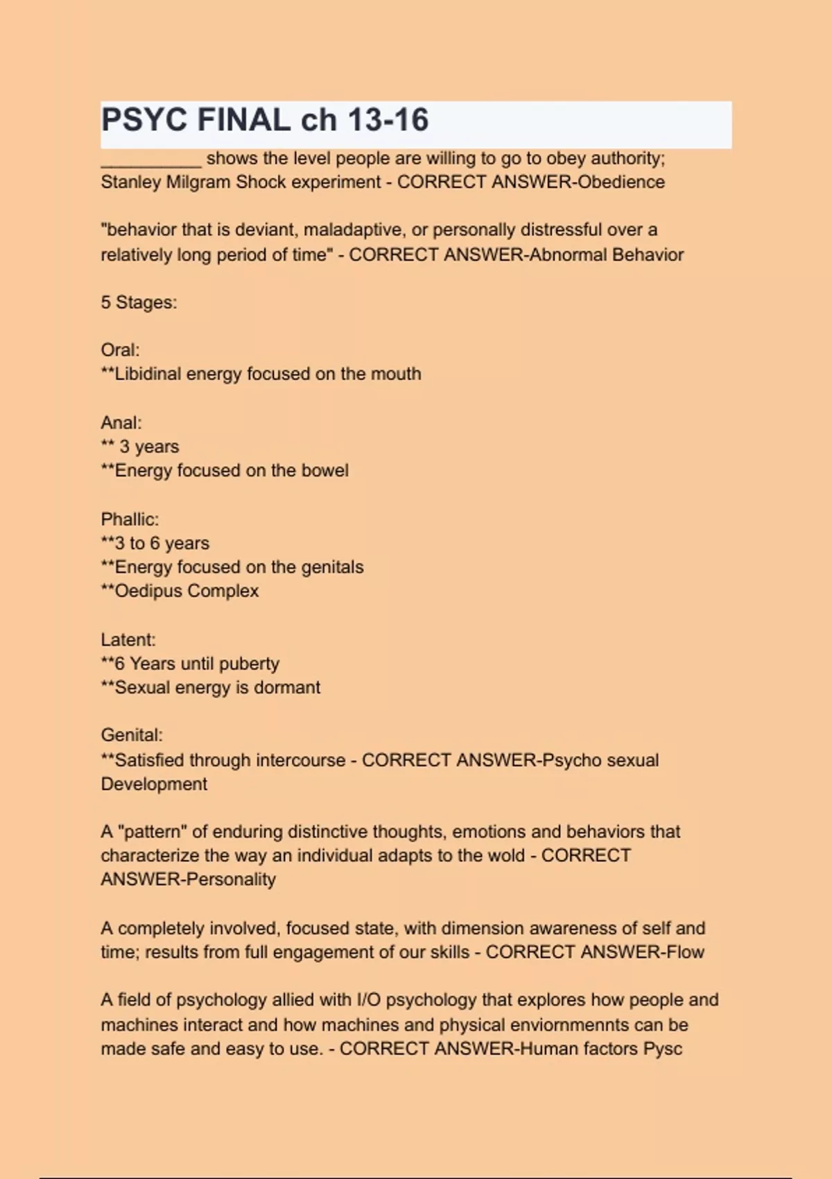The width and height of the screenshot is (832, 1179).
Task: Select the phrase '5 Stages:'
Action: [139, 302]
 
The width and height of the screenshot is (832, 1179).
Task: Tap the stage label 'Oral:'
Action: [120, 350]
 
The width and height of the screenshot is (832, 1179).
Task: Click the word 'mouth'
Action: [396, 374]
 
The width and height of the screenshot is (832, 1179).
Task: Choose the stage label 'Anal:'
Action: [121, 423]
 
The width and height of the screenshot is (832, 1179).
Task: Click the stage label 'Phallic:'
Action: [130, 519]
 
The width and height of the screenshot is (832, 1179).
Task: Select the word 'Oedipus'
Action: [148, 591]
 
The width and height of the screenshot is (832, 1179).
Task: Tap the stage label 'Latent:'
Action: [128, 639]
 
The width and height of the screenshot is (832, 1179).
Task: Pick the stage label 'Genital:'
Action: [132, 735]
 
